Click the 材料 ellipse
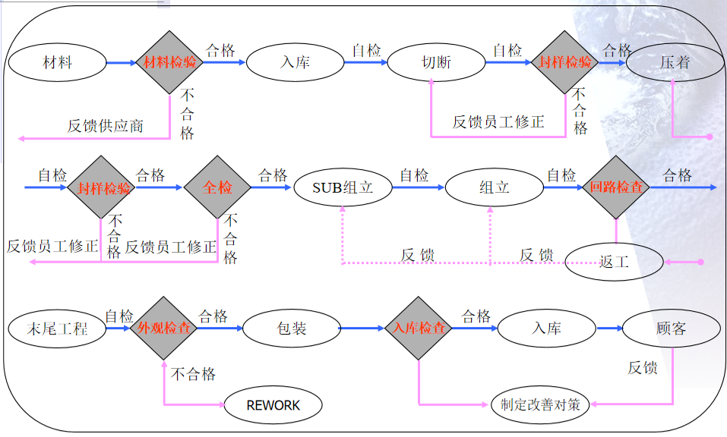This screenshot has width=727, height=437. [x=58, y=62]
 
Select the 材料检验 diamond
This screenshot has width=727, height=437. [x=169, y=62]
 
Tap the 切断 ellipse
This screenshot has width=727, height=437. [x=436, y=62]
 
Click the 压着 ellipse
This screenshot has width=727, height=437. [x=675, y=62]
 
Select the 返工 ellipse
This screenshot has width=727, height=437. [x=615, y=262]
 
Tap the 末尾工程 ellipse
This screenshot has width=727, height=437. [x=57, y=329]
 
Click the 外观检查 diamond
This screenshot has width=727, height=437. [x=163, y=329]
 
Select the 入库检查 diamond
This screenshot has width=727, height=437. [x=419, y=329]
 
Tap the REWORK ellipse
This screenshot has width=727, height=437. [x=273, y=405]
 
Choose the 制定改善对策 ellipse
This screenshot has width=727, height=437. [x=540, y=404]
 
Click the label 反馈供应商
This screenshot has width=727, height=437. [x=105, y=125]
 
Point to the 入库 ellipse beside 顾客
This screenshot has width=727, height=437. [x=546, y=329]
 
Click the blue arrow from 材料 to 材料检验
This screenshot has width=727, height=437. [x=122, y=62]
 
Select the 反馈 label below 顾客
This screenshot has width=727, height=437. [x=642, y=368]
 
